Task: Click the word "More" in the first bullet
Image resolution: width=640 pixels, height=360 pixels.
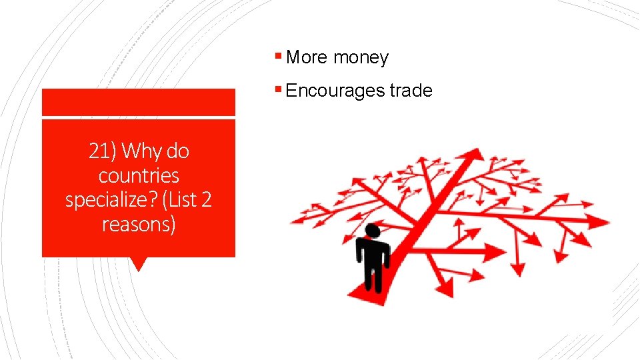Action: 307,57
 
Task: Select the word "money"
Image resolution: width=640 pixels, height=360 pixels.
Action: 361,58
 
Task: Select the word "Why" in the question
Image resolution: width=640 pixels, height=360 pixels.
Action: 142,152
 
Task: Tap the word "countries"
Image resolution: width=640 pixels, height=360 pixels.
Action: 139,176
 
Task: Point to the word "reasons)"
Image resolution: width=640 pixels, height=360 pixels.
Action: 139,224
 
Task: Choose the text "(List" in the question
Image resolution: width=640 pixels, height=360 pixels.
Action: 179,200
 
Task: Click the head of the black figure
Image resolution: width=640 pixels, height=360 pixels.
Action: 373,231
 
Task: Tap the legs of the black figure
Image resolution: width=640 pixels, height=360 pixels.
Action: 372,276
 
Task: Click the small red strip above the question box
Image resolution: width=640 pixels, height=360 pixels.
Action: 139,103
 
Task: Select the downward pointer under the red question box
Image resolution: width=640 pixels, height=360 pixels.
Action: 139,264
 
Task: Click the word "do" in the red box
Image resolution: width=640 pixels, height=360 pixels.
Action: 177,151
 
